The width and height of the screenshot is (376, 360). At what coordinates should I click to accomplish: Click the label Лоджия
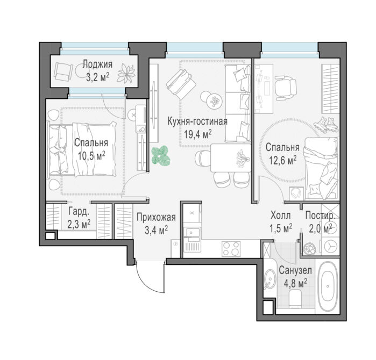tap(97, 64)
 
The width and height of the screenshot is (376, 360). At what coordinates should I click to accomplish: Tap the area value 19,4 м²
tap(197, 134)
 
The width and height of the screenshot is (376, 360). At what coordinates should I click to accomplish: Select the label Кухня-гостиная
tap(197, 121)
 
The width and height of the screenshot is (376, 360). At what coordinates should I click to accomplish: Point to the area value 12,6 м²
tap(282, 160)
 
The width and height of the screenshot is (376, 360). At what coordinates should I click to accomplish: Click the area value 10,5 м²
tap(91, 156)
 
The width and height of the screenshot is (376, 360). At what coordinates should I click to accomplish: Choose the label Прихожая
tap(156, 218)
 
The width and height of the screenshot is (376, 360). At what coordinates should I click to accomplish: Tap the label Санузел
tap(295, 271)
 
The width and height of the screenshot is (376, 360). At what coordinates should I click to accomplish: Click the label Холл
tap(280, 215)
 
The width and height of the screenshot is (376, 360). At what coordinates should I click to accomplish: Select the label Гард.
tap(79, 212)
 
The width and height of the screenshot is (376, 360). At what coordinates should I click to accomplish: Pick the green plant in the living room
tap(161, 156)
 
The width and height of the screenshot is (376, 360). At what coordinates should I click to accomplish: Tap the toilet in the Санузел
tap(295, 298)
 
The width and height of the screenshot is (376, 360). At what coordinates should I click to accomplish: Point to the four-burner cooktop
tap(231, 249)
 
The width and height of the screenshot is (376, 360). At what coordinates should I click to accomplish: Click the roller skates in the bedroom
tap(326, 124)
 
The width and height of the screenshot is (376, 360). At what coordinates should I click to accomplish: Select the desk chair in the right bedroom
tap(285, 87)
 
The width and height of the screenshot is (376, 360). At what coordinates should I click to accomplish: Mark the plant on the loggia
tap(126, 73)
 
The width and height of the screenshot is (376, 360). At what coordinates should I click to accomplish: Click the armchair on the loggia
tap(63, 71)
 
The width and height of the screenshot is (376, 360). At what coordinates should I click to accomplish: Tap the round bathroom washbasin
tap(270, 279)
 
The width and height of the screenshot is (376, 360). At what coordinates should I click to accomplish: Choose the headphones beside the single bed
tap(296, 192)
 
